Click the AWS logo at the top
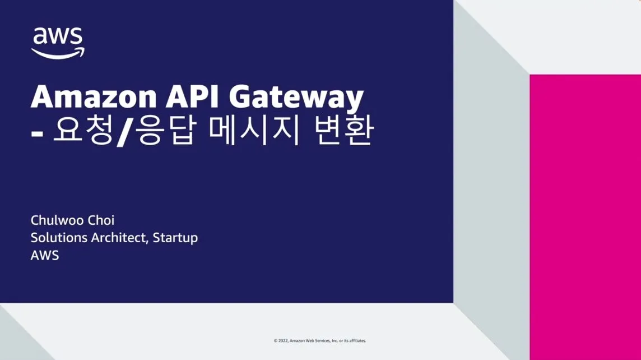pos(58,43)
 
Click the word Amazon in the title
pos(94,96)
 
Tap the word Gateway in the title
pos(296,98)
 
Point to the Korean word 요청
pos(83,131)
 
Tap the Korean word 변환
pos(344,131)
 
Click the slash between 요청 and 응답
pos(124,131)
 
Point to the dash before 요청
pos(37,133)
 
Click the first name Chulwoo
pos(57,220)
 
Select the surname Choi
pos(101,220)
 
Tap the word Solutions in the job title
pos(59,238)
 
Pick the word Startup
pos(175,238)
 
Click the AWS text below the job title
pos(45,256)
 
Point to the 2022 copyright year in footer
pos(284,340)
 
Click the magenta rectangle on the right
pos(585,217)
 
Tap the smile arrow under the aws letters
pos(58,53)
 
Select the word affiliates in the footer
pos(357,340)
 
